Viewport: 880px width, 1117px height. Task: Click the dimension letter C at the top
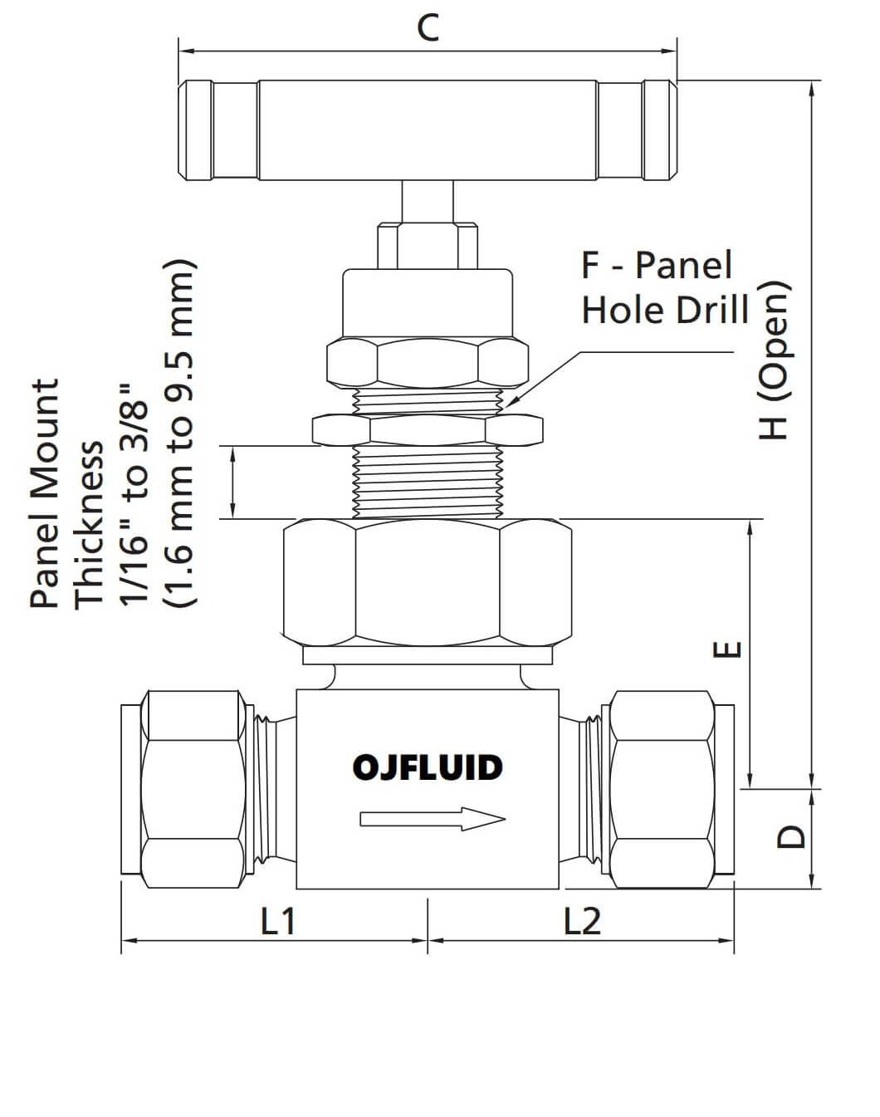point(428,28)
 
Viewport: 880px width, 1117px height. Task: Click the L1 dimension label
point(278,921)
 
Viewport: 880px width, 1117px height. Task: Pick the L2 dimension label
point(582,921)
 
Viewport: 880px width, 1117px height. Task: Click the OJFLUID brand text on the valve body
point(428,767)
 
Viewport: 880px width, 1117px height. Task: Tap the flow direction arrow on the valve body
point(432,820)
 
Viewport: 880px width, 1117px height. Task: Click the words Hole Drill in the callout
point(665,310)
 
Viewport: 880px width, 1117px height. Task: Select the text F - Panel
point(657,265)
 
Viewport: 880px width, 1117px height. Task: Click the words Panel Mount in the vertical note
point(46,493)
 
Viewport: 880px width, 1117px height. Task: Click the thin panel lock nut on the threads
point(427,429)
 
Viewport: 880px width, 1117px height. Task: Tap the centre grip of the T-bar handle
point(428,130)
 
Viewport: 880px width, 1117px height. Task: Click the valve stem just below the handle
point(428,201)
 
